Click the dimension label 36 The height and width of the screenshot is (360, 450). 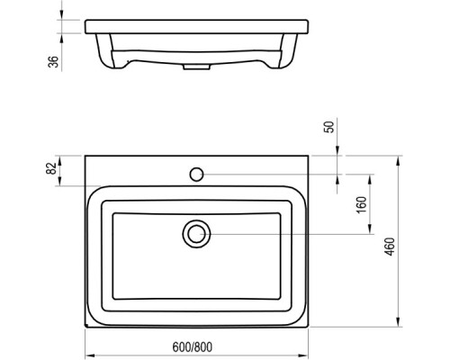pos(55,61)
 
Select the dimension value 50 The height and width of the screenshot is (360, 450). pos(330,126)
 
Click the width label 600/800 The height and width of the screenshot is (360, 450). pos(193,346)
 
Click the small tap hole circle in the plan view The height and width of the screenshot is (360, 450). pos(195,171)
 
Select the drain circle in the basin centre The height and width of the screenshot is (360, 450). pos(195,235)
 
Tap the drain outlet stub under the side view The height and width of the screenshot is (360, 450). pos(193,66)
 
